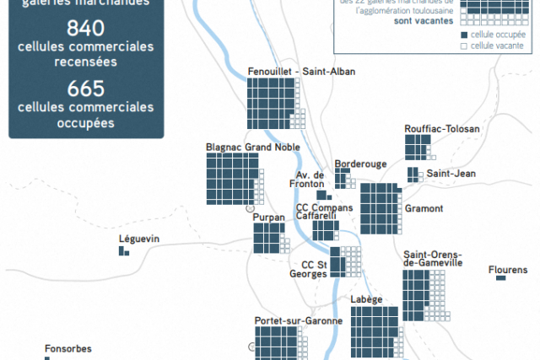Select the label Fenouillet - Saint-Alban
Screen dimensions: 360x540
[x=301, y=72]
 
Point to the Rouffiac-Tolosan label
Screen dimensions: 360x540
[x=442, y=129]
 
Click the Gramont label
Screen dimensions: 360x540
[x=424, y=209]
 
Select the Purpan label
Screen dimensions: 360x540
[x=269, y=217]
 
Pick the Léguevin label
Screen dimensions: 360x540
[x=139, y=239]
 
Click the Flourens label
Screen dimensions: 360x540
[x=508, y=270]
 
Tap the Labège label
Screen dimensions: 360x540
[x=367, y=299]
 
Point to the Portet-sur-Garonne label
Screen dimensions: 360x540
[x=299, y=321]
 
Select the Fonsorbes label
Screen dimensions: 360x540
[x=68, y=348]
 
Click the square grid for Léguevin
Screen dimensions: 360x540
[x=123, y=250]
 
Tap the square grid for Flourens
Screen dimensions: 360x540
[x=500, y=279]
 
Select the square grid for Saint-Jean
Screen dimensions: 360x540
[x=413, y=175]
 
